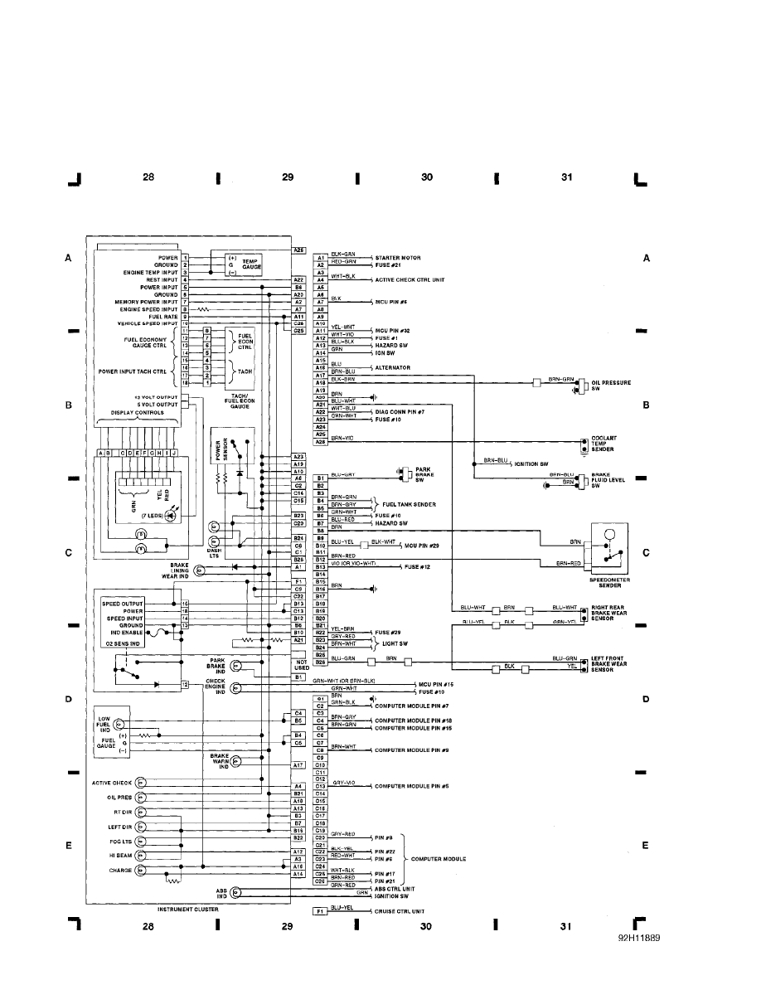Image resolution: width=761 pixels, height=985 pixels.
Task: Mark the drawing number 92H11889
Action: [640, 941]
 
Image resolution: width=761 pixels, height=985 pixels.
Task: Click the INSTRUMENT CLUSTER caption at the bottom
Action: [189, 909]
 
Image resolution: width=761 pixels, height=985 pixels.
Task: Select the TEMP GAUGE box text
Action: [250, 264]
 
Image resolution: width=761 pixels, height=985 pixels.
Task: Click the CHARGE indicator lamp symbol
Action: [140, 870]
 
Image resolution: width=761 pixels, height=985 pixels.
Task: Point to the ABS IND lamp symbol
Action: [235, 893]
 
